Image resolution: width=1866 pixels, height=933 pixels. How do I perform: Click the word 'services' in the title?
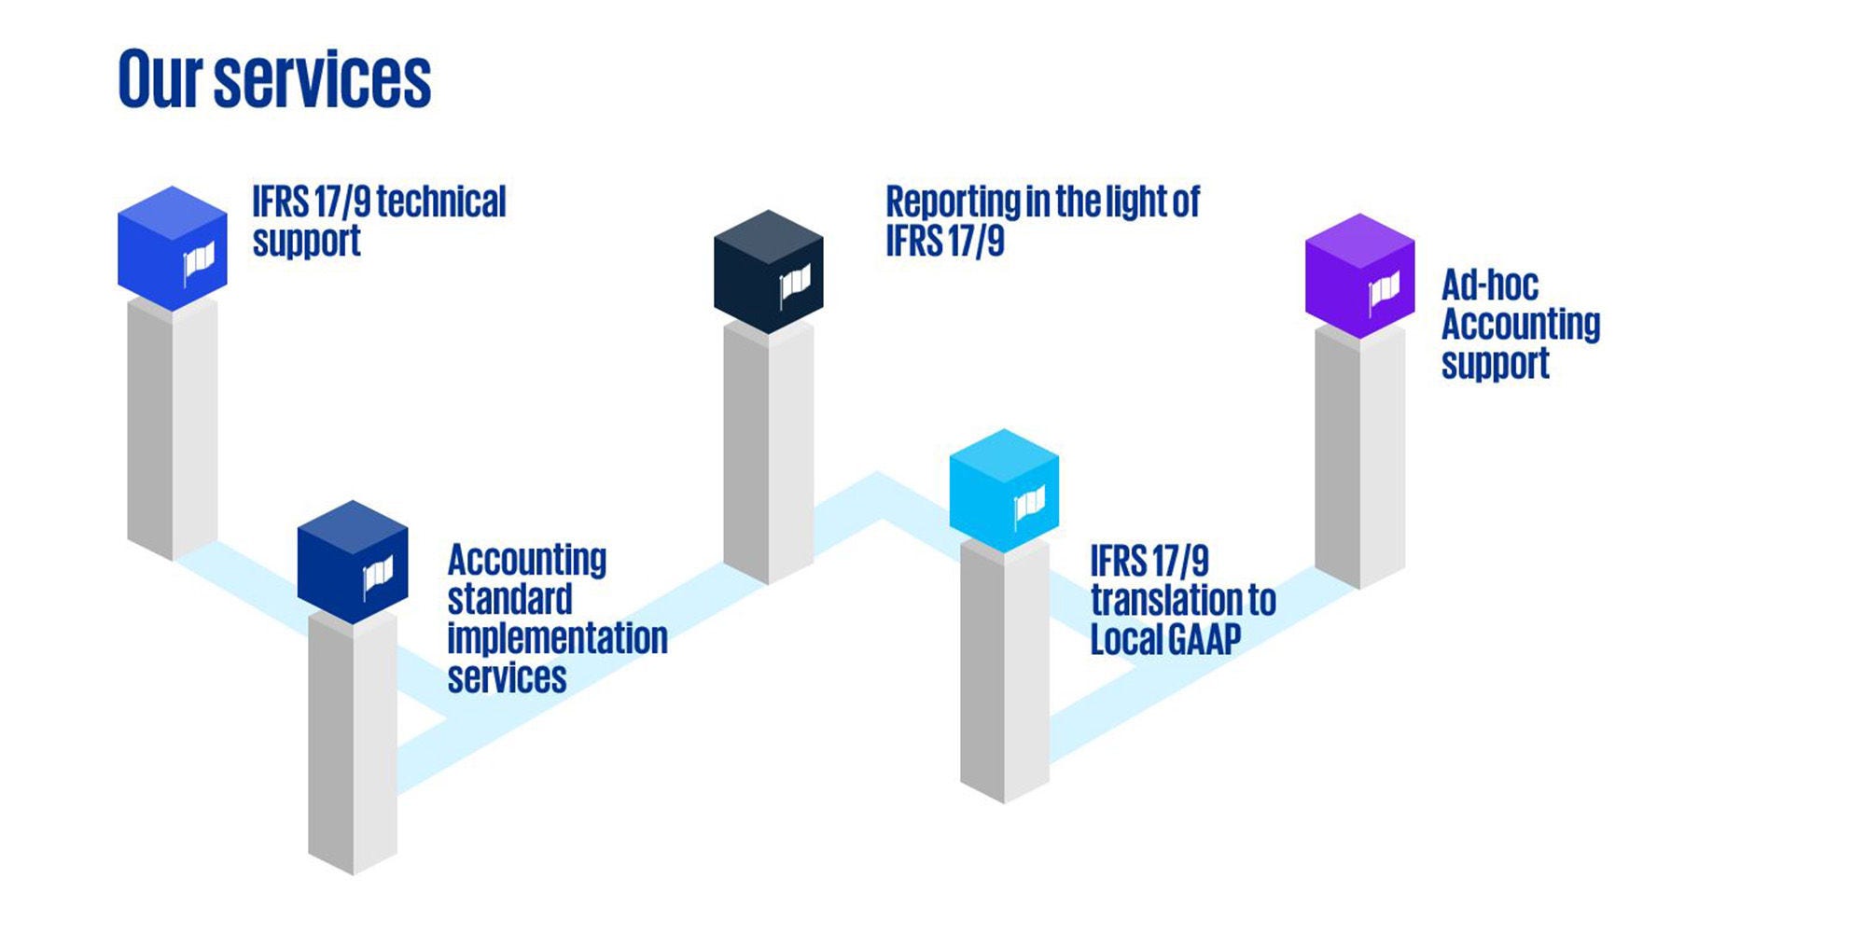[x=322, y=81]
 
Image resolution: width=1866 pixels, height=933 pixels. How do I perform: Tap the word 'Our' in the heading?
[x=160, y=79]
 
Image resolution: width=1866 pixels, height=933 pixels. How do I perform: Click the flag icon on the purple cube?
[x=1384, y=293]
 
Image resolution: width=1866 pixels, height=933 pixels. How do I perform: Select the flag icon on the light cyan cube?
[x=1029, y=506]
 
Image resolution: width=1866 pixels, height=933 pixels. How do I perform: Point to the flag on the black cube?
[x=795, y=284]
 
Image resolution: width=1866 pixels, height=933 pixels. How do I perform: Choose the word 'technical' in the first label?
[x=441, y=202]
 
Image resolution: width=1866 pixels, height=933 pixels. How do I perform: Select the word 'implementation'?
[x=557, y=639]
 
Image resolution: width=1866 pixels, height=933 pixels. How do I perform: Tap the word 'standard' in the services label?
[x=509, y=600]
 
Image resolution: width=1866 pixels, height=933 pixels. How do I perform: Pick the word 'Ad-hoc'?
[x=1489, y=285]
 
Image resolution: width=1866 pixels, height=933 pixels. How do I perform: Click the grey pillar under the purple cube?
[x=1359, y=457]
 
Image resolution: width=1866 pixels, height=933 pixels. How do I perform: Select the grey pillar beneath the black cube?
[x=768, y=453]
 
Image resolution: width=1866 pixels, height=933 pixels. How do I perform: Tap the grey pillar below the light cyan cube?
[x=1004, y=672]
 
